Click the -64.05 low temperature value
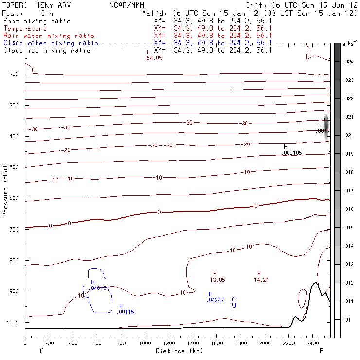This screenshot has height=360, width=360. click(x=153, y=58)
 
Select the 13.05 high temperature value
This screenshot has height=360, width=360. click(x=217, y=280)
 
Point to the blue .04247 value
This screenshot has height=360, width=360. click(x=215, y=300)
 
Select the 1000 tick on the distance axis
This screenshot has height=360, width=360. click(x=145, y=344)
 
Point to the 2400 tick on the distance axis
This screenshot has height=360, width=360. click(x=313, y=344)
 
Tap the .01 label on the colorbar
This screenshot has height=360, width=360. click(x=348, y=320)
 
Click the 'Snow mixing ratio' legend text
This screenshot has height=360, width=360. click(x=36, y=21)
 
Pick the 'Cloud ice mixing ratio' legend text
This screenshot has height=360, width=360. click(x=47, y=51)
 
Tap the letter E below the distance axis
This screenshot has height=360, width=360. click(x=321, y=351)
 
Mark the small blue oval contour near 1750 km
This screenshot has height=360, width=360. click(x=234, y=302)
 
